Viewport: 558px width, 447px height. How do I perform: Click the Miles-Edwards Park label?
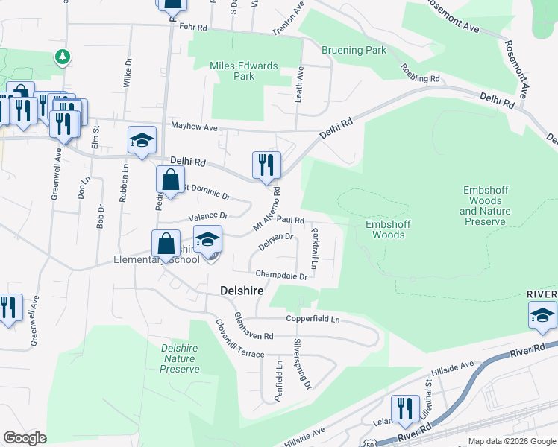[244, 71]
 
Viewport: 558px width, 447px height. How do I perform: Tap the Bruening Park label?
[354, 51]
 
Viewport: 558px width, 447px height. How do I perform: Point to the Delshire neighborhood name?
[241, 291]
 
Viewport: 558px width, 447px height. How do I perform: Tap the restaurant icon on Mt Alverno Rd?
[266, 165]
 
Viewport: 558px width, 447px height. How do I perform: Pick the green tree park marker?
[63, 57]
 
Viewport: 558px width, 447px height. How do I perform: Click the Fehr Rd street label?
[192, 25]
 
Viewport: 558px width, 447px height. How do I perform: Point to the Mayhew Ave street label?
[194, 127]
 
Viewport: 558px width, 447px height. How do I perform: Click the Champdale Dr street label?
[281, 276]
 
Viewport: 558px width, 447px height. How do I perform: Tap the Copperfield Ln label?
[313, 320]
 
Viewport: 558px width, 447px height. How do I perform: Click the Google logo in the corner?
[25, 438]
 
